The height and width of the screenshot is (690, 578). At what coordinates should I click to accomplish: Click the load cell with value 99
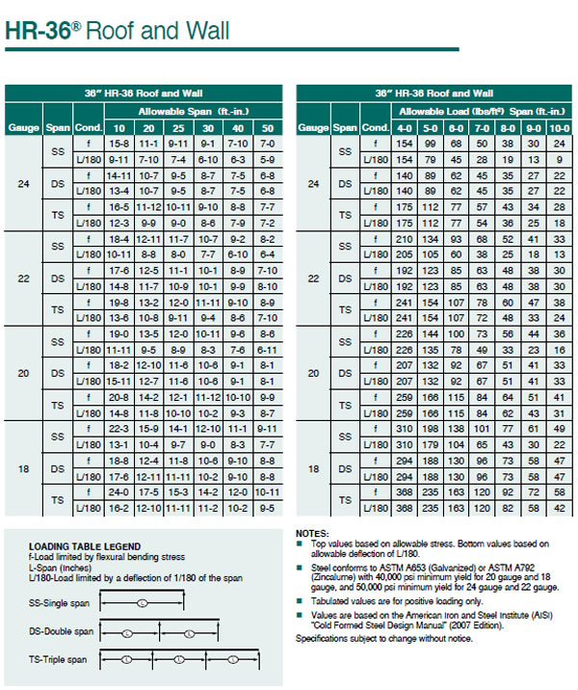pyautogui.click(x=431, y=142)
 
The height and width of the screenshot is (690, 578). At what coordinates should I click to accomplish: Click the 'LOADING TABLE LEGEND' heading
pyautogui.click(x=85, y=545)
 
